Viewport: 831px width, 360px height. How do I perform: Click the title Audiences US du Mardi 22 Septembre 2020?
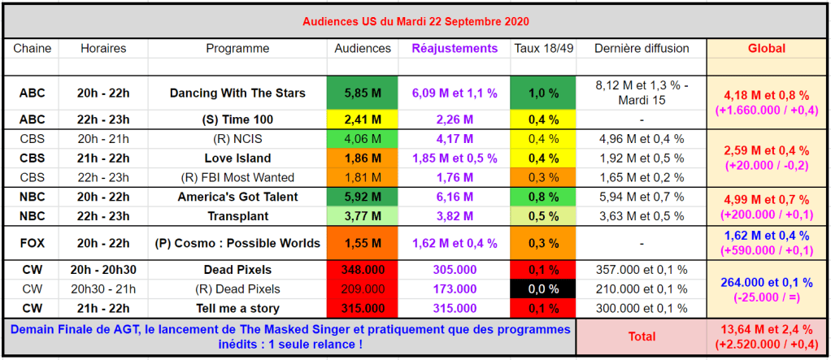[x=415, y=20]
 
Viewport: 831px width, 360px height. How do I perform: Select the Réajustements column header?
[x=455, y=49]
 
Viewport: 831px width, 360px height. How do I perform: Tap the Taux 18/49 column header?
[x=543, y=49]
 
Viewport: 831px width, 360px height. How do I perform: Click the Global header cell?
[x=766, y=49]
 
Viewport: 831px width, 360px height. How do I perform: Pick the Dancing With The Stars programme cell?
[x=237, y=93]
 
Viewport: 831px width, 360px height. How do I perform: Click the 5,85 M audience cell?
[x=362, y=93]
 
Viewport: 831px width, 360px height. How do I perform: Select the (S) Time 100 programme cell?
[x=237, y=119]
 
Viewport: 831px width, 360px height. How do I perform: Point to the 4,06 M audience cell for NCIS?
[x=362, y=139]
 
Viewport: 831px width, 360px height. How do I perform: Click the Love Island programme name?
[x=237, y=158]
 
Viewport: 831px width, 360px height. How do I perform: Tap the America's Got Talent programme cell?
[x=237, y=197]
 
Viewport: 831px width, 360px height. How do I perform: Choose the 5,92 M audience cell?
[x=362, y=197]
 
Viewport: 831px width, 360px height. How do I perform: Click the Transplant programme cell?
[x=237, y=216]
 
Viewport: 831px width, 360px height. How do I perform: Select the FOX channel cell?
[x=32, y=243]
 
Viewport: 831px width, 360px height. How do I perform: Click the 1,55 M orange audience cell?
[x=362, y=243]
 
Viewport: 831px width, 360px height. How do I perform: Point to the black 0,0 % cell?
[x=543, y=289]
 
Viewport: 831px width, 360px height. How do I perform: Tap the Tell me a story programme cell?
[x=237, y=309]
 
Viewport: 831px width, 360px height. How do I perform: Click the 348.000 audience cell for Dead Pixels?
[x=362, y=270]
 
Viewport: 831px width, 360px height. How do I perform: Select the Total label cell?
[x=641, y=336]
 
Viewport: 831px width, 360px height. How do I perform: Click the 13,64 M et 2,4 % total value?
[x=766, y=329]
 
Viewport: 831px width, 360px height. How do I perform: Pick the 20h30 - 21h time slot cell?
[x=103, y=289]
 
